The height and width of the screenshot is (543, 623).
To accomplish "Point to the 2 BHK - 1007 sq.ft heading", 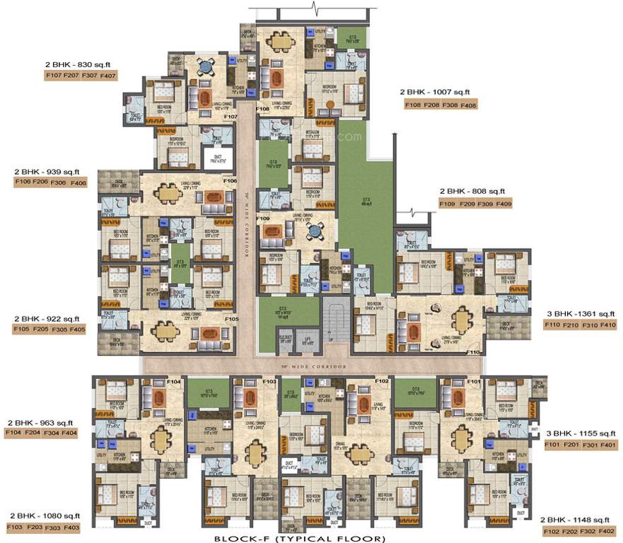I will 434,93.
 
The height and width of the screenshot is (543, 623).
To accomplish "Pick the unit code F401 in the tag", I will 607,444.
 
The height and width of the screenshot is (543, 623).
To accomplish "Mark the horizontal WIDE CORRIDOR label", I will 311,366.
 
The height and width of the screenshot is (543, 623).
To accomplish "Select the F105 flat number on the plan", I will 231,319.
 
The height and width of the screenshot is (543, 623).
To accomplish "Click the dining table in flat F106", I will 168,192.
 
